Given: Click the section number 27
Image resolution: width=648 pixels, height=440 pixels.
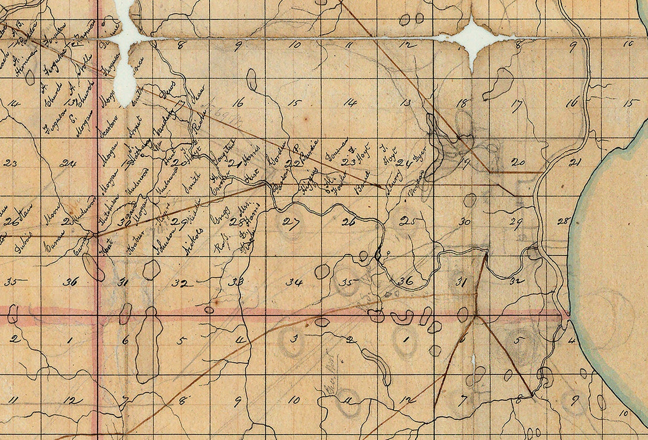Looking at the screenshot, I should pyautogui.click(x=291, y=223).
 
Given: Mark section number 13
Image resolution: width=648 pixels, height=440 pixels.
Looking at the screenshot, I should pyautogui.click(x=405, y=103).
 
